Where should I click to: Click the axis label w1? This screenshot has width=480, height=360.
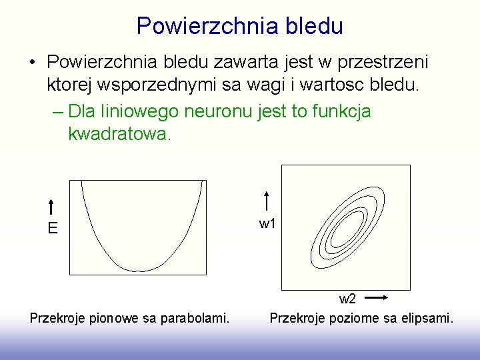(267, 224)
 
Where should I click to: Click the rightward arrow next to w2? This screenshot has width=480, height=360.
(377, 298)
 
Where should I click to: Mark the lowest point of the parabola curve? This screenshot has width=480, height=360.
(139, 271)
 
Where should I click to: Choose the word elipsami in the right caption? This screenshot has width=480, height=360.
(427, 318)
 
